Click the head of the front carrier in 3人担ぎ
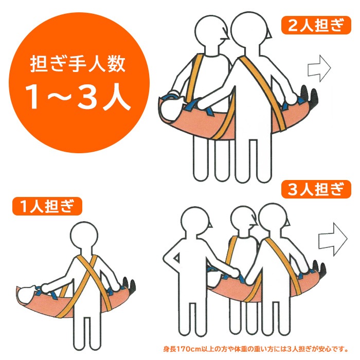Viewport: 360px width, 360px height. (x=275, y=222)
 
